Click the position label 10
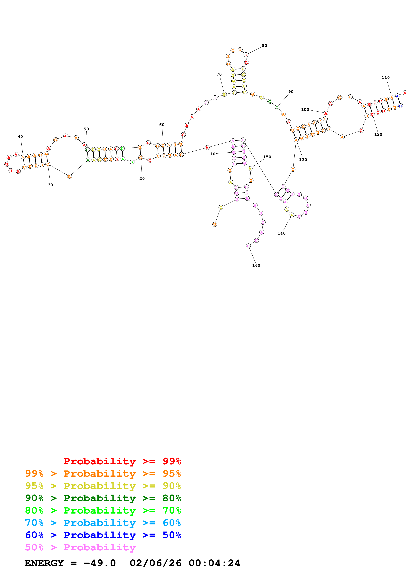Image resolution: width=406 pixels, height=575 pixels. tap(212, 154)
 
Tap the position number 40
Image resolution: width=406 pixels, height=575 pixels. tap(20, 137)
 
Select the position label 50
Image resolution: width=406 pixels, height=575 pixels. tap(86, 129)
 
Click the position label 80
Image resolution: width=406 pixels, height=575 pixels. tap(264, 46)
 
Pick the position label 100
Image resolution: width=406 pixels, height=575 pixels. tap(305, 110)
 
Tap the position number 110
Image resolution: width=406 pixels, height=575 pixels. tap(386, 78)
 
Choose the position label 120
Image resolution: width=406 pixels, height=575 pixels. tap(378, 134)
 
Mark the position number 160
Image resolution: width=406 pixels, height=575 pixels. tap(256, 266)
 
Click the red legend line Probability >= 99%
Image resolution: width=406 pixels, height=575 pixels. tap(122, 461)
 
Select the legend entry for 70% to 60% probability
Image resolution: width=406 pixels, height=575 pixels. tap(103, 523)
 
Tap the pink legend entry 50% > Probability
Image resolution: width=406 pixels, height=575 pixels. tap(80, 547)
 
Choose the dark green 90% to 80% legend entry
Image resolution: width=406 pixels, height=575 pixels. tap(103, 498)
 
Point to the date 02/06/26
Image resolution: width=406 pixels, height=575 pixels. tap(155, 563)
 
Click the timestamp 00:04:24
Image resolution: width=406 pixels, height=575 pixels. tap(214, 563)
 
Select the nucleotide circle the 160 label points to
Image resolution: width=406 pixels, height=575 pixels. tap(248, 246)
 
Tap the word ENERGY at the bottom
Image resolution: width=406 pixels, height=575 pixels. tap(44, 563)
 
